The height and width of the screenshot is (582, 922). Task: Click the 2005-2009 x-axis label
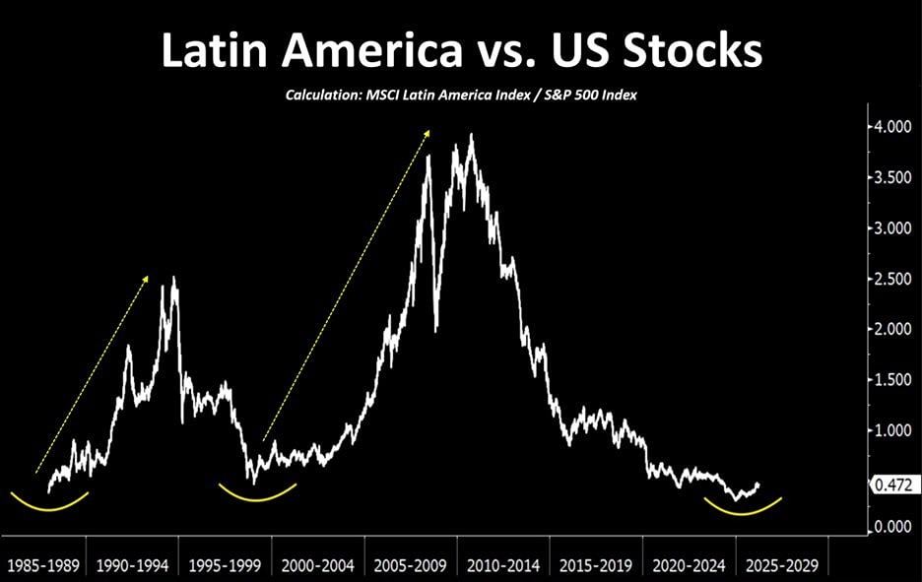412,566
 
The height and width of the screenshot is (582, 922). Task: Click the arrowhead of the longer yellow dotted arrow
428,131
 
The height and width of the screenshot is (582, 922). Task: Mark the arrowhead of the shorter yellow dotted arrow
147,279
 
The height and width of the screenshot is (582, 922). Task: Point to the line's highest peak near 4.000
472,135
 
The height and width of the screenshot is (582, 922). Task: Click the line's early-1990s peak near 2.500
174,279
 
